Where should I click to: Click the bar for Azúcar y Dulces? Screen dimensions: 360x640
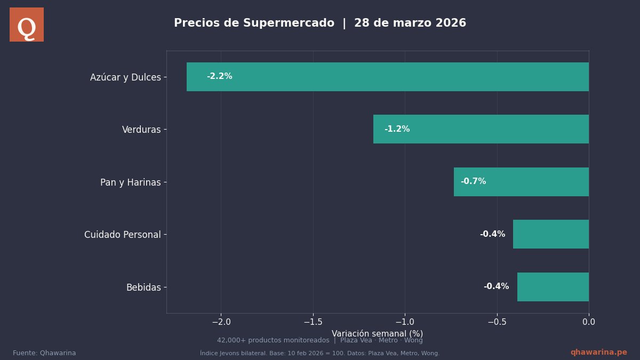pos(388,77)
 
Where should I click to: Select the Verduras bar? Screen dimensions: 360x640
pos(481,129)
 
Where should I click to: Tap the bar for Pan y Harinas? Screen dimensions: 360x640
pos(521,182)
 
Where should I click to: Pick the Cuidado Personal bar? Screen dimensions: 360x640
pos(551,234)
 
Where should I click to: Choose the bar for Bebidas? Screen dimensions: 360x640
pos(553,287)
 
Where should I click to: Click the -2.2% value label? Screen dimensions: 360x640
pos(219,76)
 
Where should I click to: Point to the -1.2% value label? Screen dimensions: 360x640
pos(397,129)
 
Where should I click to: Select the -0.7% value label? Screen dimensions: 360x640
pos(473,181)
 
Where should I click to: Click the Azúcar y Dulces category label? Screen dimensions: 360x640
pos(125,77)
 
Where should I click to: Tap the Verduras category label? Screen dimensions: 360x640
pos(141,130)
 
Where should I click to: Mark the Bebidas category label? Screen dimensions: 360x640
pos(143,287)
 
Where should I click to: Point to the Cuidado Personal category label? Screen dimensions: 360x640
pos(122,235)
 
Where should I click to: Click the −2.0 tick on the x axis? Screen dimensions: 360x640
pos(221,322)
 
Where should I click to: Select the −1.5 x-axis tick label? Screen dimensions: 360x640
pos(313,322)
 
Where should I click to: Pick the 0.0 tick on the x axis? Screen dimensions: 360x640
pos(589,322)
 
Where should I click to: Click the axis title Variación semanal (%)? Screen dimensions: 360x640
pos(377,333)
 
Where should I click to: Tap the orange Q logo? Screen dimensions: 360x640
pos(27,25)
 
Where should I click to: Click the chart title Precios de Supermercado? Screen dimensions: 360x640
pos(254,23)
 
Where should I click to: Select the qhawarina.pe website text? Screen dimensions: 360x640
pos(598,353)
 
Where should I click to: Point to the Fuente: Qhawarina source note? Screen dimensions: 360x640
pos(44,353)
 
